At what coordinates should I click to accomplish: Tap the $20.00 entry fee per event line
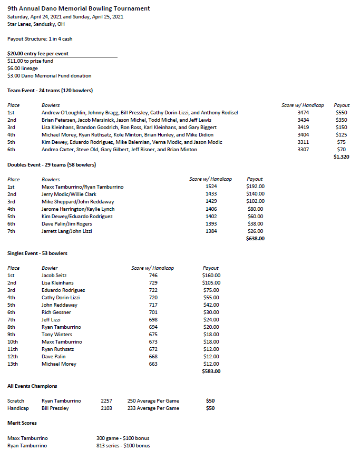(x=38, y=54)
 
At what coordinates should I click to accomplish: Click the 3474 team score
(x=303, y=113)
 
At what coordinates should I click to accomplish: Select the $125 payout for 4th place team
(x=342, y=135)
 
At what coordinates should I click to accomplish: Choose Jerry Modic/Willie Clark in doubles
(x=69, y=194)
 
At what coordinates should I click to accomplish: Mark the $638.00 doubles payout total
(x=255, y=238)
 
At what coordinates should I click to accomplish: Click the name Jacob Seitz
(x=54, y=275)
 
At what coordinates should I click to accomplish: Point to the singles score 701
(x=153, y=312)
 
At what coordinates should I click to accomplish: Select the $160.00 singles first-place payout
(x=211, y=275)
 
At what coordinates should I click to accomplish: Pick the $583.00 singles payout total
(x=211, y=371)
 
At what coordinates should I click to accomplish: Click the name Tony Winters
(x=56, y=334)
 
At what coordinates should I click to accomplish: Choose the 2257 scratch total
(x=106, y=400)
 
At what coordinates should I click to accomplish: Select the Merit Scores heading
(x=22, y=423)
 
